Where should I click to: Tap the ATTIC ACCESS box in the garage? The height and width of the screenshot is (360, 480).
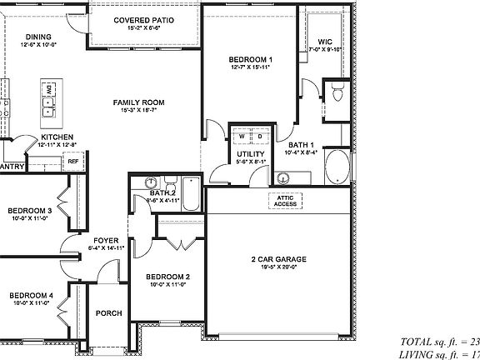click(x=285, y=201)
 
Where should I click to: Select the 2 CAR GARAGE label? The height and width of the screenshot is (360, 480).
click(x=279, y=260)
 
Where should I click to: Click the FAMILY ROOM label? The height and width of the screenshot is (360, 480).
click(x=139, y=102)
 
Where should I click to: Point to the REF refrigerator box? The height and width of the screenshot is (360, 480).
click(x=72, y=162)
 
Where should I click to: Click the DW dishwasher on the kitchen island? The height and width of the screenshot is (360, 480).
click(x=49, y=88)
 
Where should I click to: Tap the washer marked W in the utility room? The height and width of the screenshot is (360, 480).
click(x=242, y=137)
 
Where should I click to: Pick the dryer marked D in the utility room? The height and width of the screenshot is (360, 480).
click(x=259, y=137)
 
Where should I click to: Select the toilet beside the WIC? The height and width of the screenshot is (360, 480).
click(x=337, y=94)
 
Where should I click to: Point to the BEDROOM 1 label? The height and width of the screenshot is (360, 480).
click(x=252, y=60)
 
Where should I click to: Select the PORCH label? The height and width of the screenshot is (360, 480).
click(x=108, y=313)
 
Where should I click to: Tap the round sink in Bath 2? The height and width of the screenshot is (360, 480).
click(x=151, y=183)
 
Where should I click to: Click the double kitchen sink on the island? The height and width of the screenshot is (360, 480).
click(x=49, y=107)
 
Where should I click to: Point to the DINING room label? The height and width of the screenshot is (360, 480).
click(x=38, y=37)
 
